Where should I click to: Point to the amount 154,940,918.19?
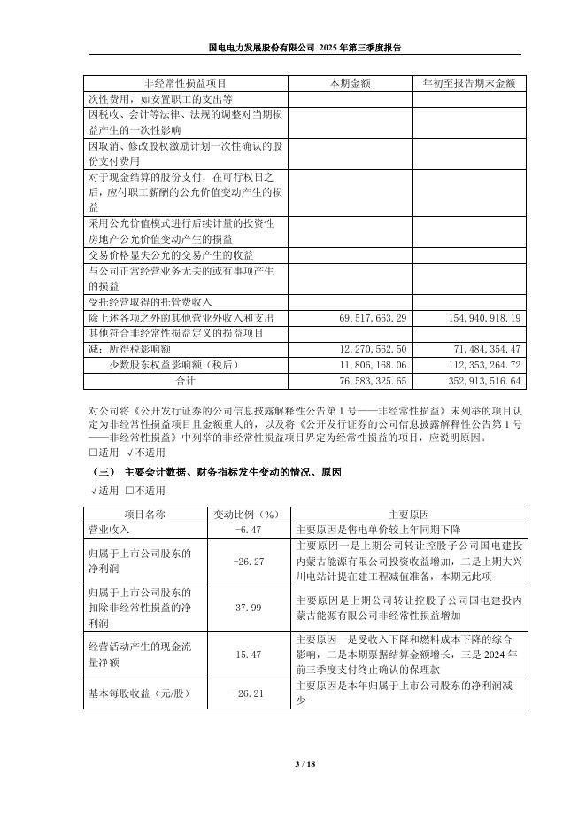tap(479, 317)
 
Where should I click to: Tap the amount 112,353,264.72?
tap(479, 365)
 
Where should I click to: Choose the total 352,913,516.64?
tap(479, 381)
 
